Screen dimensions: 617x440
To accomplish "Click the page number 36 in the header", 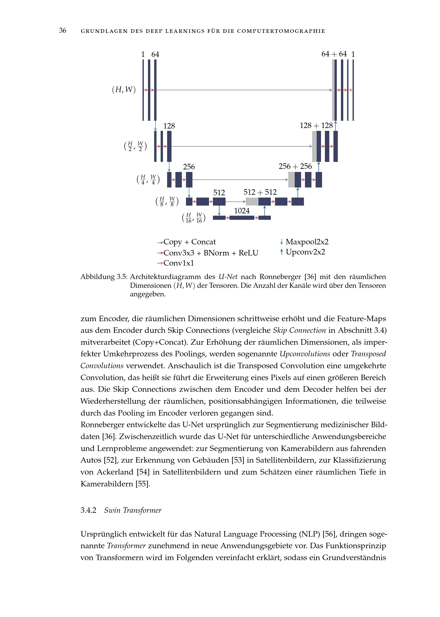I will point(63,31).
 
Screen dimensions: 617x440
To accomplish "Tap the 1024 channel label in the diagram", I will point(242,211).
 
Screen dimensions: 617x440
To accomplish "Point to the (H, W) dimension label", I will point(124,90).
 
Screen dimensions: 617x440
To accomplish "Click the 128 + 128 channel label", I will point(316,126).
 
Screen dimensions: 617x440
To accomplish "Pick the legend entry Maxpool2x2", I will point(307,242).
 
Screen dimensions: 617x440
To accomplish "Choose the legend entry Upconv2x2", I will point(305,252).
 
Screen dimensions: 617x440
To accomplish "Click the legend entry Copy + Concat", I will point(189,242).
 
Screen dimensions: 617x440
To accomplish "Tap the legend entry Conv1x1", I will point(178,263).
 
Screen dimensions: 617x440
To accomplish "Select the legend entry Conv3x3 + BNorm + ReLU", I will point(211,253).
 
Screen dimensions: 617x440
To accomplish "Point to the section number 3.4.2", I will point(88,510).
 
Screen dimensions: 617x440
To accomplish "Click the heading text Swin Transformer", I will point(133,510).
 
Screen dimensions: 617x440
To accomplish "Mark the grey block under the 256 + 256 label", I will point(291,179).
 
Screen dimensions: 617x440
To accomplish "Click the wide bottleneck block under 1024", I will point(242,217).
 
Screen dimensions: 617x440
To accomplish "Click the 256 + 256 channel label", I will point(295,166).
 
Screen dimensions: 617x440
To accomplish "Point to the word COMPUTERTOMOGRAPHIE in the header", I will point(281,31).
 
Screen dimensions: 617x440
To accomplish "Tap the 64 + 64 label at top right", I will point(334,54).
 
